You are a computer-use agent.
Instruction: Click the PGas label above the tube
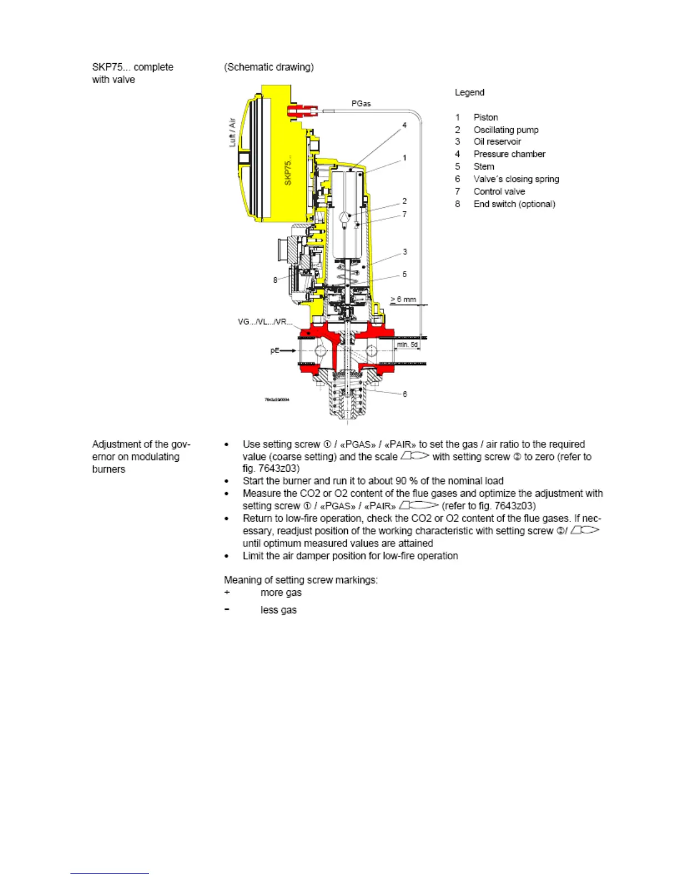tap(361, 104)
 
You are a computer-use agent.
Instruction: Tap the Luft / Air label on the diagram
tap(232, 132)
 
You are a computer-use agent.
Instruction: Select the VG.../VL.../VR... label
tap(265, 322)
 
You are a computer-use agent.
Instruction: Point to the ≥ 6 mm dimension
tap(403, 299)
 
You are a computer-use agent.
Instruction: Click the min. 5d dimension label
tap(407, 345)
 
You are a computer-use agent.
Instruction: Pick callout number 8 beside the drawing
tap(275, 280)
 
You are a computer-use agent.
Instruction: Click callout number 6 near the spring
tap(404, 394)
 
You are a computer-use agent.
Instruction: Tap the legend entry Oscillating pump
tap(505, 130)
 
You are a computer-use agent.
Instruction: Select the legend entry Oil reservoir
tap(497, 142)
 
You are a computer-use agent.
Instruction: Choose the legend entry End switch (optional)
tap(514, 204)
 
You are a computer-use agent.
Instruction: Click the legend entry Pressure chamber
tap(509, 154)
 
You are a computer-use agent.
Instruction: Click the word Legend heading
tap(469, 93)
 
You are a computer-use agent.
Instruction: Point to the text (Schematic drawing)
tap(268, 67)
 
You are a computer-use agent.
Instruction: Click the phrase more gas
tap(281, 593)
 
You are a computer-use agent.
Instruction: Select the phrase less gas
tap(278, 610)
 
